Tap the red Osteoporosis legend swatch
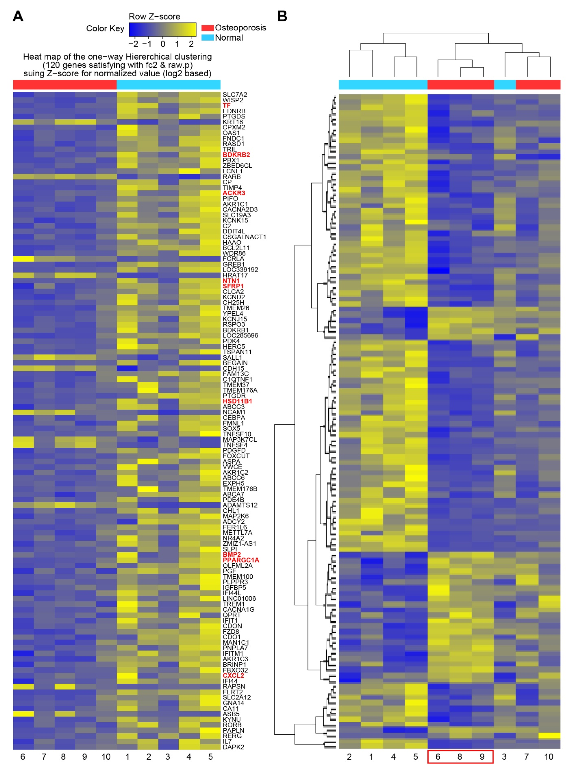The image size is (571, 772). click(207, 28)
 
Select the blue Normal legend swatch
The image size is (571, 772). click(207, 37)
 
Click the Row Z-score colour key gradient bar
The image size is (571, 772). click(162, 30)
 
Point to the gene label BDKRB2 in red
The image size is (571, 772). click(236, 155)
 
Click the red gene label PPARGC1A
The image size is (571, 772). click(241, 560)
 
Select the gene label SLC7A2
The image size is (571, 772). click(235, 94)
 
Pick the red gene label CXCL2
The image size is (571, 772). click(233, 675)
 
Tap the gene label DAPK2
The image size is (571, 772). click(233, 747)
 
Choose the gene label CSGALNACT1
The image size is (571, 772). click(244, 237)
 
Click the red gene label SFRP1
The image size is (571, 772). click(233, 286)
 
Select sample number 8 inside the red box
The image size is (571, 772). click(460, 757)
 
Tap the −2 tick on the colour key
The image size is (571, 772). click(133, 44)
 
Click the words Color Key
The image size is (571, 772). click(105, 28)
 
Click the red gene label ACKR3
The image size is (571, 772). click(234, 193)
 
